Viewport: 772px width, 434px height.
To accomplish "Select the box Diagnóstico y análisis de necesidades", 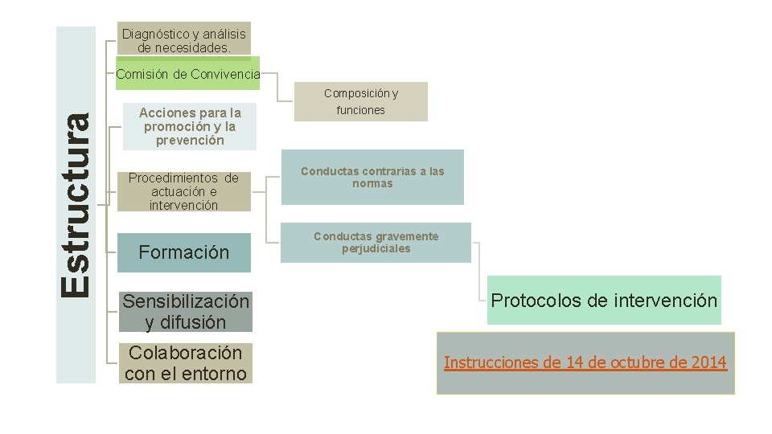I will pos(183,40).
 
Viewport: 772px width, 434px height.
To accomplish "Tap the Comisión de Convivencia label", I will pos(188,74).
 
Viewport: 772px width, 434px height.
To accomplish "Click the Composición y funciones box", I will pos(360,102).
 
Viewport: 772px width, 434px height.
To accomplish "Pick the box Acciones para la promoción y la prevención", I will pos(190,126).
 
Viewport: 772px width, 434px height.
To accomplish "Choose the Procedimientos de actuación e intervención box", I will pos(183,191).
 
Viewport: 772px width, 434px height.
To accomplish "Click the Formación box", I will pos(184,252).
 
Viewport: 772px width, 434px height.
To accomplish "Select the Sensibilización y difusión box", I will pos(186,312).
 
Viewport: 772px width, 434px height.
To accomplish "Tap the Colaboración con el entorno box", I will pos(186,363).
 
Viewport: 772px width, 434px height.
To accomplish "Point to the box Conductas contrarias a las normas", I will pos(372,177).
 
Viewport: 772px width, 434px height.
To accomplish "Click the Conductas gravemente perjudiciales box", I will pos(376,242).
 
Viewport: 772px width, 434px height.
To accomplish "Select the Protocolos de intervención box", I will pos(604,301).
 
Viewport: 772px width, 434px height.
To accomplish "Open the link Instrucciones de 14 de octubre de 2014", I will pos(585,362).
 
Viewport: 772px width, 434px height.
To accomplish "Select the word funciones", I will pos(360,110).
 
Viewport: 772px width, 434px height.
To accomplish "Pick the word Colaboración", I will pos(185,353).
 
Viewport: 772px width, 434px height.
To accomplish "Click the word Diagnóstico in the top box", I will pos(153,34).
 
